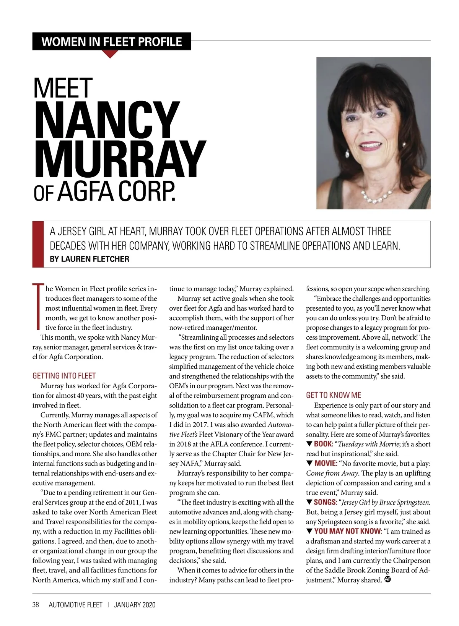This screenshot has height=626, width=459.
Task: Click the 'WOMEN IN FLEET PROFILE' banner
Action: pos(111,41)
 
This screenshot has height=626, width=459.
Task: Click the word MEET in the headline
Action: pos(63,88)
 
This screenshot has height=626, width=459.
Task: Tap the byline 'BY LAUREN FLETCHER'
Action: pos(90,259)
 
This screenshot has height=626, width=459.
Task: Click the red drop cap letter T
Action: pos(37,306)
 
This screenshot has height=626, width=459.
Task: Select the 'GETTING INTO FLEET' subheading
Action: pos(64,376)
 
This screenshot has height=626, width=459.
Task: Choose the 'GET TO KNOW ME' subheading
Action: pos(334,395)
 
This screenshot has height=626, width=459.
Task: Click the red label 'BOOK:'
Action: pos(323,444)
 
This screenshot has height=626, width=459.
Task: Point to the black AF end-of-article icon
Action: pos(388,579)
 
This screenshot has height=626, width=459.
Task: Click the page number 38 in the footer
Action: pos(36,605)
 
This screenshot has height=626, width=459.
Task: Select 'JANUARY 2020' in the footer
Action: pos(135,605)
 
